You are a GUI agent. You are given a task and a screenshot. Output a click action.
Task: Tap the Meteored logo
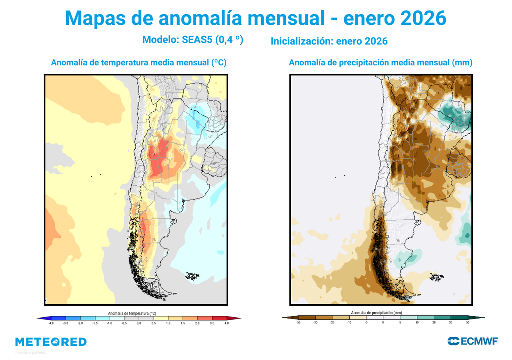(51, 342)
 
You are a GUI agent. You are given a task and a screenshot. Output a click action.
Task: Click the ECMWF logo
(472, 341)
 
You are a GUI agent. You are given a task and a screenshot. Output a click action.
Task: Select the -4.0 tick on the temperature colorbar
(51, 323)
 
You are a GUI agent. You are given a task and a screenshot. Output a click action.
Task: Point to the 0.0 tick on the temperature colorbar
(139, 323)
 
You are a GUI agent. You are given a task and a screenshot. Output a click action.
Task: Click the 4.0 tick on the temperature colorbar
(227, 323)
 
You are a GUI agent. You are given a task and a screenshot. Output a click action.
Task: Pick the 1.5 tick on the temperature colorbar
(183, 323)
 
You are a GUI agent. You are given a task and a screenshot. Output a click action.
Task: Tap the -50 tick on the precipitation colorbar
(298, 323)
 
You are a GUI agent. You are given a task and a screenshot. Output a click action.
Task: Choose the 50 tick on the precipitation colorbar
(468, 323)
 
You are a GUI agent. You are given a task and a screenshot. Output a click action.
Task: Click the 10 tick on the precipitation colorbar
(417, 323)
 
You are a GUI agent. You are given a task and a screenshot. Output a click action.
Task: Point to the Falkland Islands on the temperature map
(192, 275)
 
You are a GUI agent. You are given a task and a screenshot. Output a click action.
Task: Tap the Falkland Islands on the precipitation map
(437, 276)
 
